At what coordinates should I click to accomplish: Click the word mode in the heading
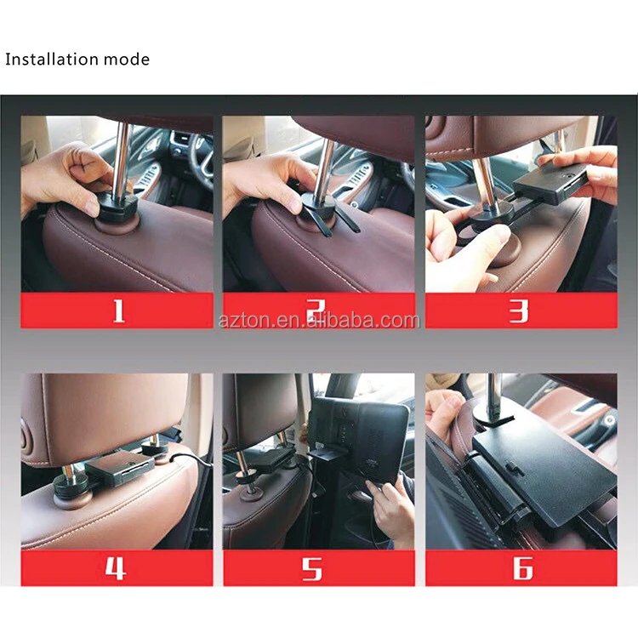click(127, 60)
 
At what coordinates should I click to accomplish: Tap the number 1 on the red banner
click(118, 310)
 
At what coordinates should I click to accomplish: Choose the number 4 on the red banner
click(117, 567)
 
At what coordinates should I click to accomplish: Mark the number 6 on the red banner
click(521, 567)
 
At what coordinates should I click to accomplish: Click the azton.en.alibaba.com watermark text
click(319, 321)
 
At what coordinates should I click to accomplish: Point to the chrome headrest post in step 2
click(326, 162)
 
